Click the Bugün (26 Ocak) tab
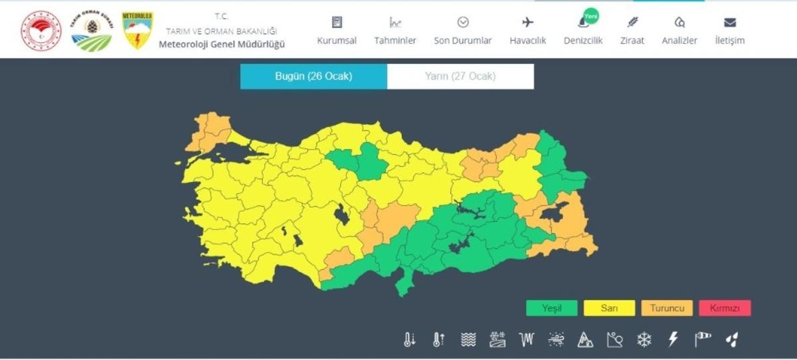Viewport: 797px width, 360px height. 313,76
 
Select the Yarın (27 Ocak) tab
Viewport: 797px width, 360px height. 460,76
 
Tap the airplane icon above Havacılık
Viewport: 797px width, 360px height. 528,22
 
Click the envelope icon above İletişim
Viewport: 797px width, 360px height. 730,22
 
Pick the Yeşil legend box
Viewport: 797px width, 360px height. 551,308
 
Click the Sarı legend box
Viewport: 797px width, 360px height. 609,308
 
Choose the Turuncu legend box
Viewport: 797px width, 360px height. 667,308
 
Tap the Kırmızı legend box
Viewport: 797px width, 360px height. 725,308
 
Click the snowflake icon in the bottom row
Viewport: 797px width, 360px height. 644,340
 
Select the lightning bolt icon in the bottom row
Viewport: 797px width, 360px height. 673,340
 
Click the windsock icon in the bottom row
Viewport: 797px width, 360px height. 703,340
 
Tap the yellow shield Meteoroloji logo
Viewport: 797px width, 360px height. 137,31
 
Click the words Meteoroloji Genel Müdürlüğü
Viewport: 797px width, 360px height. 222,45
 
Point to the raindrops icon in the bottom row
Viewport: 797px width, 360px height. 732,340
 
